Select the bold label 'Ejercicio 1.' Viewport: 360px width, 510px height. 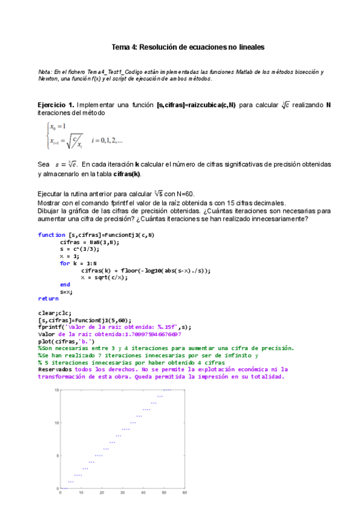55,105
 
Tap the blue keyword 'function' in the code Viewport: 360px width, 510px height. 51,235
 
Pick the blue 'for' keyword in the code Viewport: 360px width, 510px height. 64,263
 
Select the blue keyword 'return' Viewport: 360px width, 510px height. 48,298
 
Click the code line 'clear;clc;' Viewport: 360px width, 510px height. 55,313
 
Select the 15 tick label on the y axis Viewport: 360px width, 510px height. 55,390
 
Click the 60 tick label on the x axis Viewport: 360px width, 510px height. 184,493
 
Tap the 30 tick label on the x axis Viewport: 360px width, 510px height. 122,493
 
